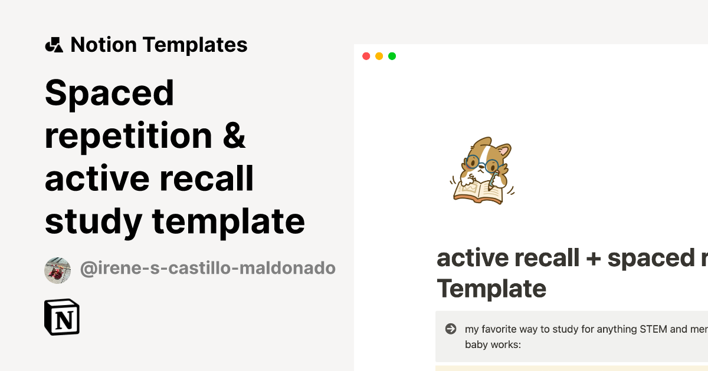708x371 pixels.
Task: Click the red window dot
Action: tap(366, 57)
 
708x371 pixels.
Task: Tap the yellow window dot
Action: tap(379, 57)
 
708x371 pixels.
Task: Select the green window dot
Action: tap(392, 57)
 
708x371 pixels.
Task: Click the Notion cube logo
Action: tap(62, 317)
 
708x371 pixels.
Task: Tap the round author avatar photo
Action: tap(57, 270)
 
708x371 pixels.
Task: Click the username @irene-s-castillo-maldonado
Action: tap(208, 269)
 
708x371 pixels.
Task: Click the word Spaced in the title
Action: tap(109, 93)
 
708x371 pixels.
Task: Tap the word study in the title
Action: tap(93, 223)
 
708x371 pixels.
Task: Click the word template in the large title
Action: tap(228, 223)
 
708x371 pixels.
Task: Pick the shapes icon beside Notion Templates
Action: tap(54, 45)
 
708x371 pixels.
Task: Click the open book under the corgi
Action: tap(478, 191)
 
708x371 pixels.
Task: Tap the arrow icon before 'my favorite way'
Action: tap(451, 329)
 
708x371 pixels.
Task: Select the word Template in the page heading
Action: tap(491, 289)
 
